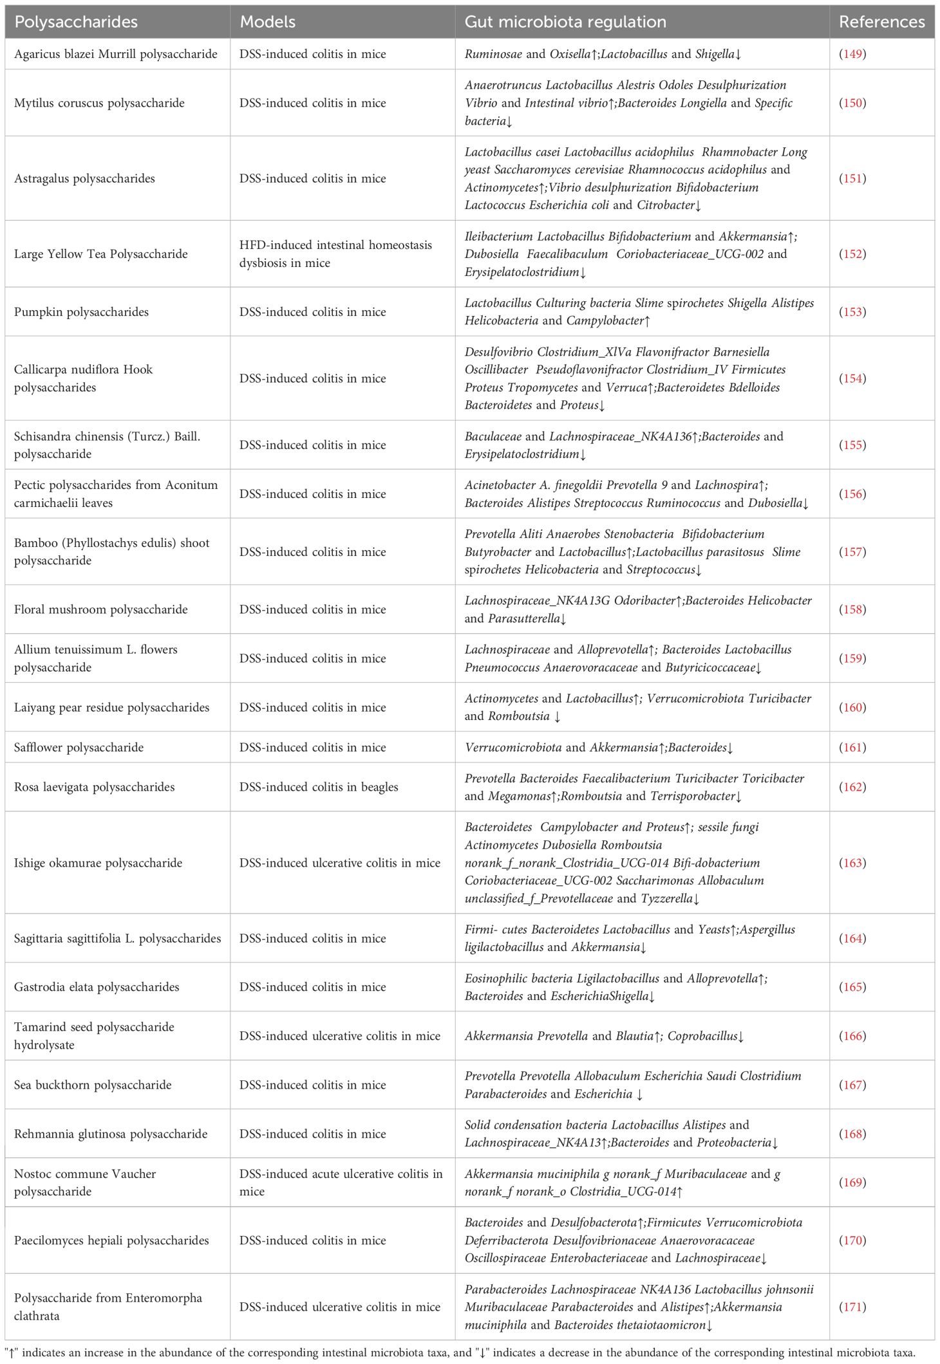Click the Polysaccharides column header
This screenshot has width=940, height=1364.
76,22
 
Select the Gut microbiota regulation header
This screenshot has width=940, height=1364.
565,22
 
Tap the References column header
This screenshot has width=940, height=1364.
881,22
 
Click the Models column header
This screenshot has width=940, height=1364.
267,22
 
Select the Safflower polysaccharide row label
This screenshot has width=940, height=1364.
79,748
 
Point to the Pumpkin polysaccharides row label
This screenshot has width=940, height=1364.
81,312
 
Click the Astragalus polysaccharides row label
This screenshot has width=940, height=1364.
84,179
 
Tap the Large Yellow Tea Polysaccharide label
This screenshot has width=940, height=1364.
100,254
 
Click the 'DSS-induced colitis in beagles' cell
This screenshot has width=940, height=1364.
319,787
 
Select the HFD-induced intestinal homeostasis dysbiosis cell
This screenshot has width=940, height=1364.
335,254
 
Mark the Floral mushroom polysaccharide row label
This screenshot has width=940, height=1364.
100,609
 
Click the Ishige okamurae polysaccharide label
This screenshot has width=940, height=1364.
98,863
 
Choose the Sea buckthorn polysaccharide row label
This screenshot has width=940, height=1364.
93,1085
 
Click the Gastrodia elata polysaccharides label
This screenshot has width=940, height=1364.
97,987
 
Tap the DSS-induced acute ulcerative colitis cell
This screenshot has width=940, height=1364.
341,1183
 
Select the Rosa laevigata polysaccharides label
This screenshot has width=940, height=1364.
94,787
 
